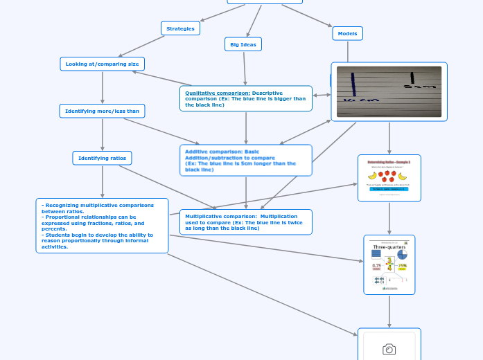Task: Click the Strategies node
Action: pos(181,28)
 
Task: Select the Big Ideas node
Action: pos(243,44)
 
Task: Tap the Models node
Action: pos(348,33)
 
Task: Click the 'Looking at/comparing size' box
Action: pos(103,64)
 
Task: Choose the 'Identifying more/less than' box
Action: pos(102,111)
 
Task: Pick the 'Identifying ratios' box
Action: pos(102,159)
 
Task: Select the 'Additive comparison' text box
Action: pos(246,160)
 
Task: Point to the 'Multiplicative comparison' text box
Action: pos(246,222)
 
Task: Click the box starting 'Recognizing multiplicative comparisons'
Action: pos(102,226)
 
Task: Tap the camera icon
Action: pos(389,349)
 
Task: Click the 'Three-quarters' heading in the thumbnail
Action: pos(389,247)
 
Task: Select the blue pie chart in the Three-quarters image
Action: pos(402,255)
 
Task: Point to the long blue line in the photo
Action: pos(353,84)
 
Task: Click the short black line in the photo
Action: pos(412,78)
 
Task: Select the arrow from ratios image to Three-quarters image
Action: pos(389,218)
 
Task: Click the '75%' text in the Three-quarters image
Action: pos(401,266)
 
